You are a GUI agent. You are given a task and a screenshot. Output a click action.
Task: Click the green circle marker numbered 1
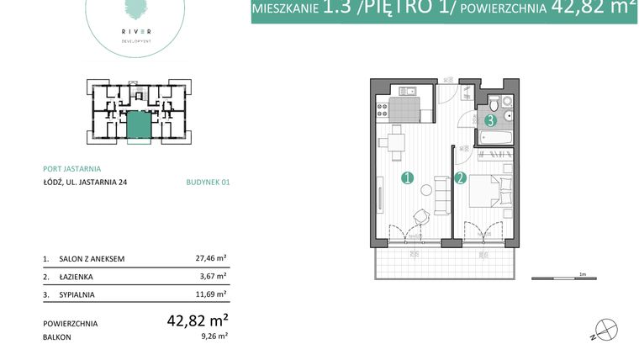(407, 178)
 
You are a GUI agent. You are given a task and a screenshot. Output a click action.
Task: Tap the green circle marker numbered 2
(460, 178)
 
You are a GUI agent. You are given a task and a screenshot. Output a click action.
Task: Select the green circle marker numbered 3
(490, 121)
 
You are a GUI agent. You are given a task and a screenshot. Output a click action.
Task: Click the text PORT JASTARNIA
(71, 167)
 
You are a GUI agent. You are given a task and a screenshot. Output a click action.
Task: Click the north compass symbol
(605, 329)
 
